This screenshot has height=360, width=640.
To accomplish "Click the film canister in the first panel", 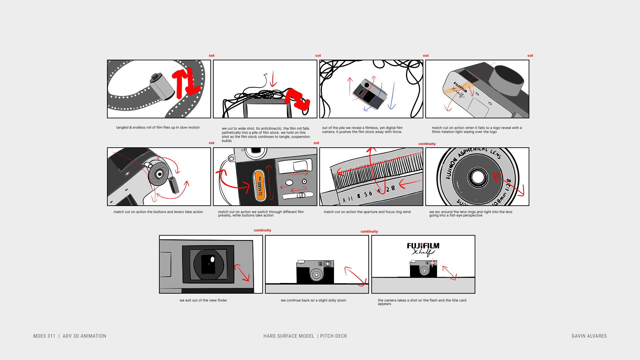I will tap(162, 86).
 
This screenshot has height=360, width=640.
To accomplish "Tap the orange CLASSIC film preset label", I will tap(260, 186).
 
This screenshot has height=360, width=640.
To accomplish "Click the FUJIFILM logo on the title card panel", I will tap(423, 246).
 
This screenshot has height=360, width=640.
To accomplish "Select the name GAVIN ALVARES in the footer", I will tap(589, 336).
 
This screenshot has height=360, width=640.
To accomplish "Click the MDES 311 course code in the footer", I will tap(44, 336).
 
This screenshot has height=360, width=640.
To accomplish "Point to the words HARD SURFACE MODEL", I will tap(289, 336).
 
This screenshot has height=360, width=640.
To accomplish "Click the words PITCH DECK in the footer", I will tap(333, 336).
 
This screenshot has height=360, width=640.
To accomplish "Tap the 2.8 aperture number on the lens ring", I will tap(391, 189).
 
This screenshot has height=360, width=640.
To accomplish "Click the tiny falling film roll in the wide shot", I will tap(265, 75).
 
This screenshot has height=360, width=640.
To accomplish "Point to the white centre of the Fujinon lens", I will tap(478, 177).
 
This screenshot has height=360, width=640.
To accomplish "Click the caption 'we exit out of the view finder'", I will tap(203, 300).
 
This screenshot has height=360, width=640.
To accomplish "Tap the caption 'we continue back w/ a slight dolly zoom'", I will tap(313, 300).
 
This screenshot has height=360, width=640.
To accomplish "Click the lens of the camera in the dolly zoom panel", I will tap(316, 275).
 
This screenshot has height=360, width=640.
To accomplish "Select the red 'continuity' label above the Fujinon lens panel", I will tap(427, 144).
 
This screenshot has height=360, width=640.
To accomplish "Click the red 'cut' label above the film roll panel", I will tap(211, 56).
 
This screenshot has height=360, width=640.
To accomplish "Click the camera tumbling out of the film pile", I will tap(369, 92).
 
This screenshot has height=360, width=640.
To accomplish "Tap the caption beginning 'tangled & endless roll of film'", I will tap(158, 127).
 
